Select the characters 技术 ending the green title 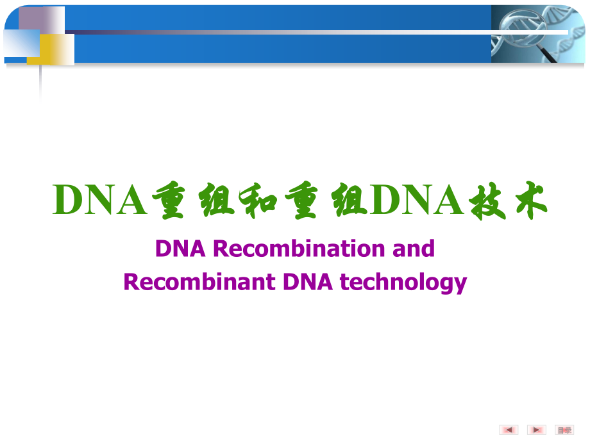(506, 201)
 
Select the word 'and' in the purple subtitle (414, 248)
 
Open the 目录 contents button (564, 430)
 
